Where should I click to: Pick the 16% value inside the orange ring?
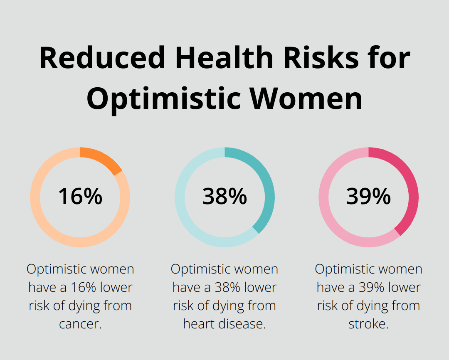[x=80, y=197]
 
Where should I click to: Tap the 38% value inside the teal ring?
[x=224, y=197]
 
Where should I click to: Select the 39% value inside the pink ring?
[x=368, y=197]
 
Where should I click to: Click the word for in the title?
[x=390, y=58]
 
